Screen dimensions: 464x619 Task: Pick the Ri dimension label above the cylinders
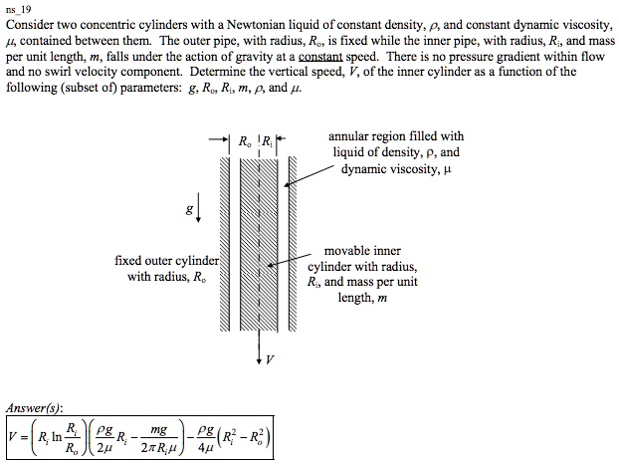pos(268,140)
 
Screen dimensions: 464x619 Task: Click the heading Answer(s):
pos(33,407)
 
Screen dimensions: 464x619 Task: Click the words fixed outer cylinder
pos(166,261)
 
